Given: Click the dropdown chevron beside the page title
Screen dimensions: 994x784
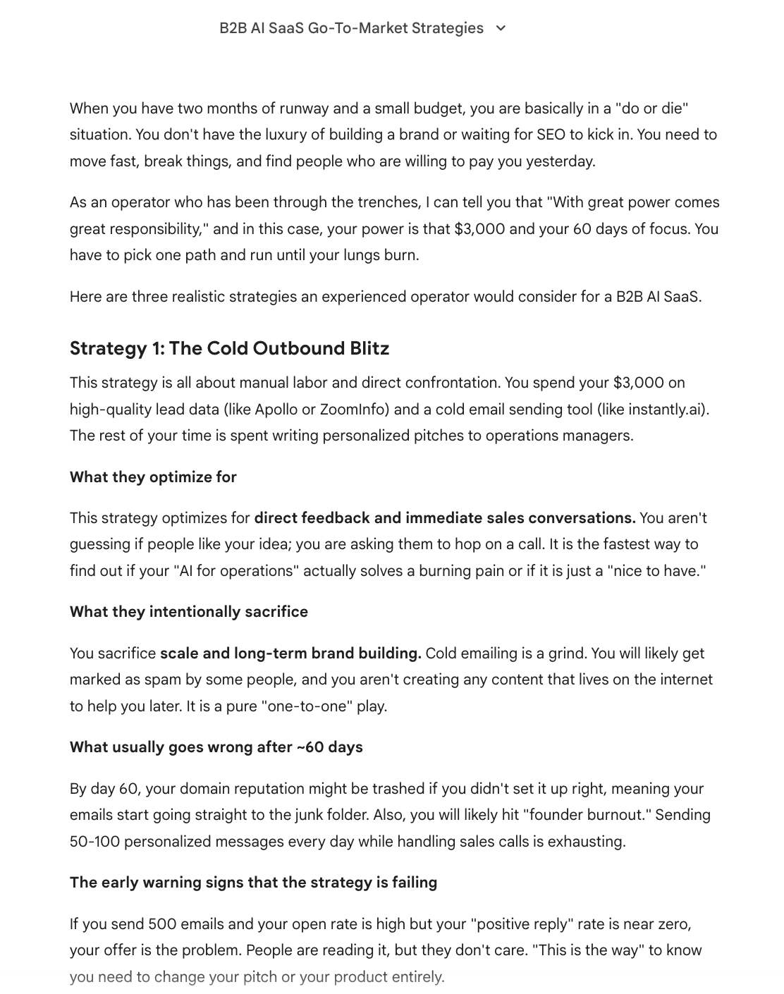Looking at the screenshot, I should coord(501,28).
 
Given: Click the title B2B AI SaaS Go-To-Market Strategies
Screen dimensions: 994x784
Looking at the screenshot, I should coord(351,28).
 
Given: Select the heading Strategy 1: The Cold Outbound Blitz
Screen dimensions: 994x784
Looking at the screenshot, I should coord(229,348).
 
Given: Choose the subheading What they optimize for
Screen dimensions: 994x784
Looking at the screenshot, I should coord(153,477).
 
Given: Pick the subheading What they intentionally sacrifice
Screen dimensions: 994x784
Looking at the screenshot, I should coord(188,611).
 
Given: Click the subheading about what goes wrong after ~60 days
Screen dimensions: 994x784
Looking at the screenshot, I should coord(216,747).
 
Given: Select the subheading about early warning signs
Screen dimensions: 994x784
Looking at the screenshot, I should coord(253,882).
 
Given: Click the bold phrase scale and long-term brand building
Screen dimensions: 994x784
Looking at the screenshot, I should coord(290,653).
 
